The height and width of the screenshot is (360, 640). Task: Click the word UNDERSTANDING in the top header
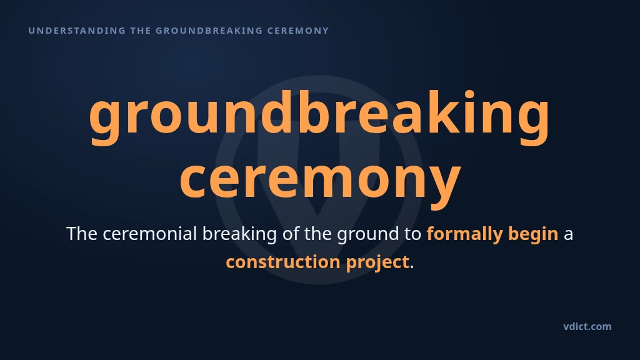[77, 31]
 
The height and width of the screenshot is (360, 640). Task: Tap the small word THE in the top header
[141, 31]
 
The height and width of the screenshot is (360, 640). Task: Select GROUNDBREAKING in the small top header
[209, 31]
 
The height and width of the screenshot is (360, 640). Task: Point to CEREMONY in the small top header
[298, 31]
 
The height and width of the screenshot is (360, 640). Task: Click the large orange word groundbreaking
[319, 117]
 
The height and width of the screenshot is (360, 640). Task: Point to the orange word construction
[283, 262]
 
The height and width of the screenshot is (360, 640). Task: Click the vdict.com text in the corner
[587, 326]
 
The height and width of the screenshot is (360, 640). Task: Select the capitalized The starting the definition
[82, 234]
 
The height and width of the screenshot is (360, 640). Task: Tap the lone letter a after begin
[568, 236]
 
